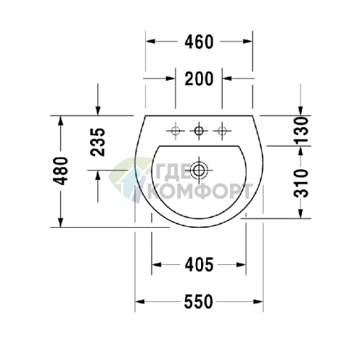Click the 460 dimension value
point(199,41)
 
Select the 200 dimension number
point(199,78)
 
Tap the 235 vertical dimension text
point(97,142)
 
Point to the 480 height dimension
point(60,171)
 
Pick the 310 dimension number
point(300,183)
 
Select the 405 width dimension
point(199,264)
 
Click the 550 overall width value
point(198,302)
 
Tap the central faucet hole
point(199,131)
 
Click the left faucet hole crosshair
point(176,131)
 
